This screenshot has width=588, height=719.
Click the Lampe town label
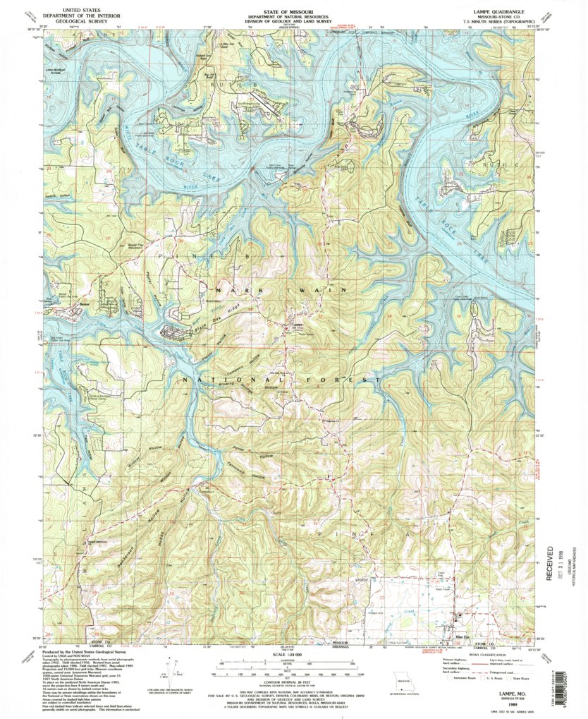(297, 325)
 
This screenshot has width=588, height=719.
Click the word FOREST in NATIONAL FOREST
(347, 380)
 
